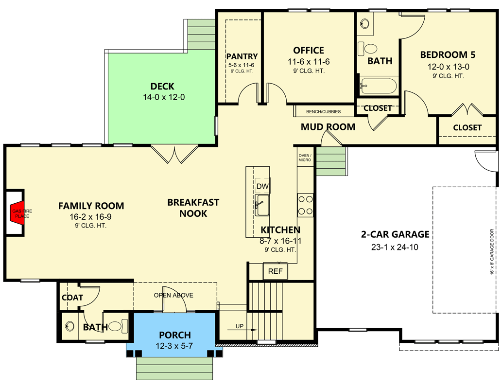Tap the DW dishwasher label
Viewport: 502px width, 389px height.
coord(262,187)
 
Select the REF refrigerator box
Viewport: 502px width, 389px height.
coord(275,271)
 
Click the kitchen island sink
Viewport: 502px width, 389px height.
coord(262,205)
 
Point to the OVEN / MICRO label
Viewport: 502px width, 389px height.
coord(305,157)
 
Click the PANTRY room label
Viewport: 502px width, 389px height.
coord(242,57)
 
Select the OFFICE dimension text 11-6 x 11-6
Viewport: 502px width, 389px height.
coord(309,62)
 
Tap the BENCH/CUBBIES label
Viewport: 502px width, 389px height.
coord(323,111)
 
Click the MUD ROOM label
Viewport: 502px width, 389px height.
coord(328,127)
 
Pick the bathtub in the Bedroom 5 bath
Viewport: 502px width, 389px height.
coord(379,86)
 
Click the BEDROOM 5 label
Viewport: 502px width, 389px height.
coord(448,54)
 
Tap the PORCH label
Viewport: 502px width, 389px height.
coord(175,335)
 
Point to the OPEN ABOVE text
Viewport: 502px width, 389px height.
coord(173,295)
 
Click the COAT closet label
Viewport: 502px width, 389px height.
coord(72,298)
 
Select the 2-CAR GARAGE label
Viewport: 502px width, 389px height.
coord(395,234)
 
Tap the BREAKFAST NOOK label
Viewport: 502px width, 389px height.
coord(193,208)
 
